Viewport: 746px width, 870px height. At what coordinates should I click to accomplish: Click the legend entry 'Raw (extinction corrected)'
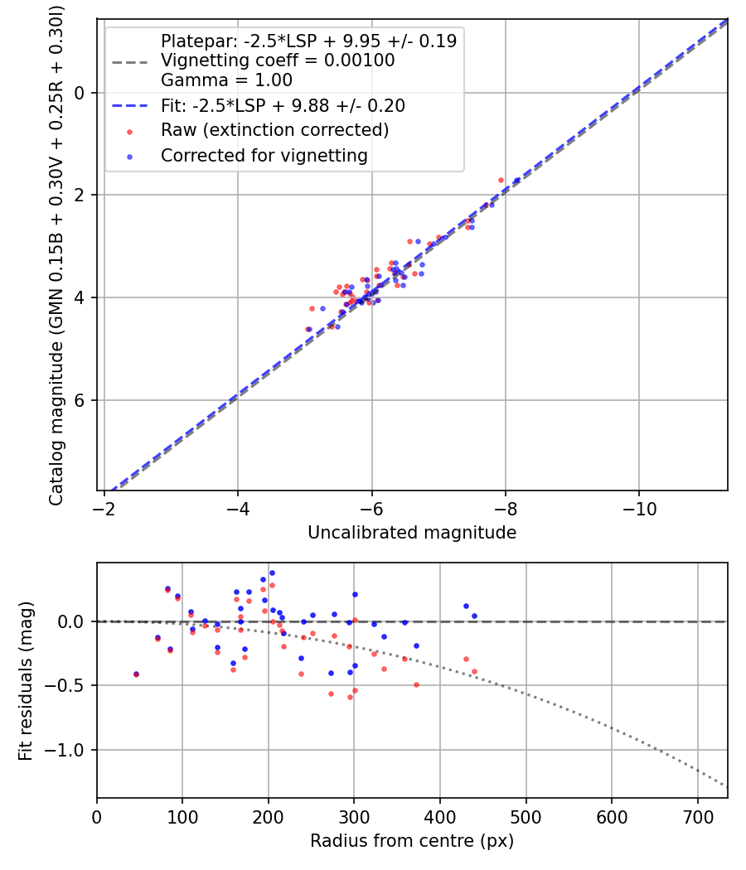(274, 130)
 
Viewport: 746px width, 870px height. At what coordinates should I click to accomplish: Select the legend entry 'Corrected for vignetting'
(264, 155)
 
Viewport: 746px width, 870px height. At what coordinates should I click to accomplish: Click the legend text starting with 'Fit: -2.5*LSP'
(282, 106)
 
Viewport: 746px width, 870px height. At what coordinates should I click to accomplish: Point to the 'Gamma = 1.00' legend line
(226, 80)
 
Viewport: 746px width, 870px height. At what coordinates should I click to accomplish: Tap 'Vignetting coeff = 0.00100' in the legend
(278, 60)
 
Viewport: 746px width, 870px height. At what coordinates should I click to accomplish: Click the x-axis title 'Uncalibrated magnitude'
(412, 533)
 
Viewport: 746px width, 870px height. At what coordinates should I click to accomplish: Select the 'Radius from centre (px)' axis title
(412, 841)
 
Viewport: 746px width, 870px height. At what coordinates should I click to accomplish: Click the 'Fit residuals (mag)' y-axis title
(26, 680)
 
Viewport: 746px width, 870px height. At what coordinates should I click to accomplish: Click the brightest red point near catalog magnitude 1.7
(501, 180)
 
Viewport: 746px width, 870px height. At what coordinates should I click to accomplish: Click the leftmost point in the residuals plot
(136, 674)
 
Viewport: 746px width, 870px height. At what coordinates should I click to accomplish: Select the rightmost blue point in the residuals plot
(474, 616)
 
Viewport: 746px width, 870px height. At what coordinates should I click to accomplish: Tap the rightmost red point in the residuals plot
(474, 671)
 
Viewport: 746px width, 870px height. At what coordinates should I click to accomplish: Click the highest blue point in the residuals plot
(272, 573)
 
